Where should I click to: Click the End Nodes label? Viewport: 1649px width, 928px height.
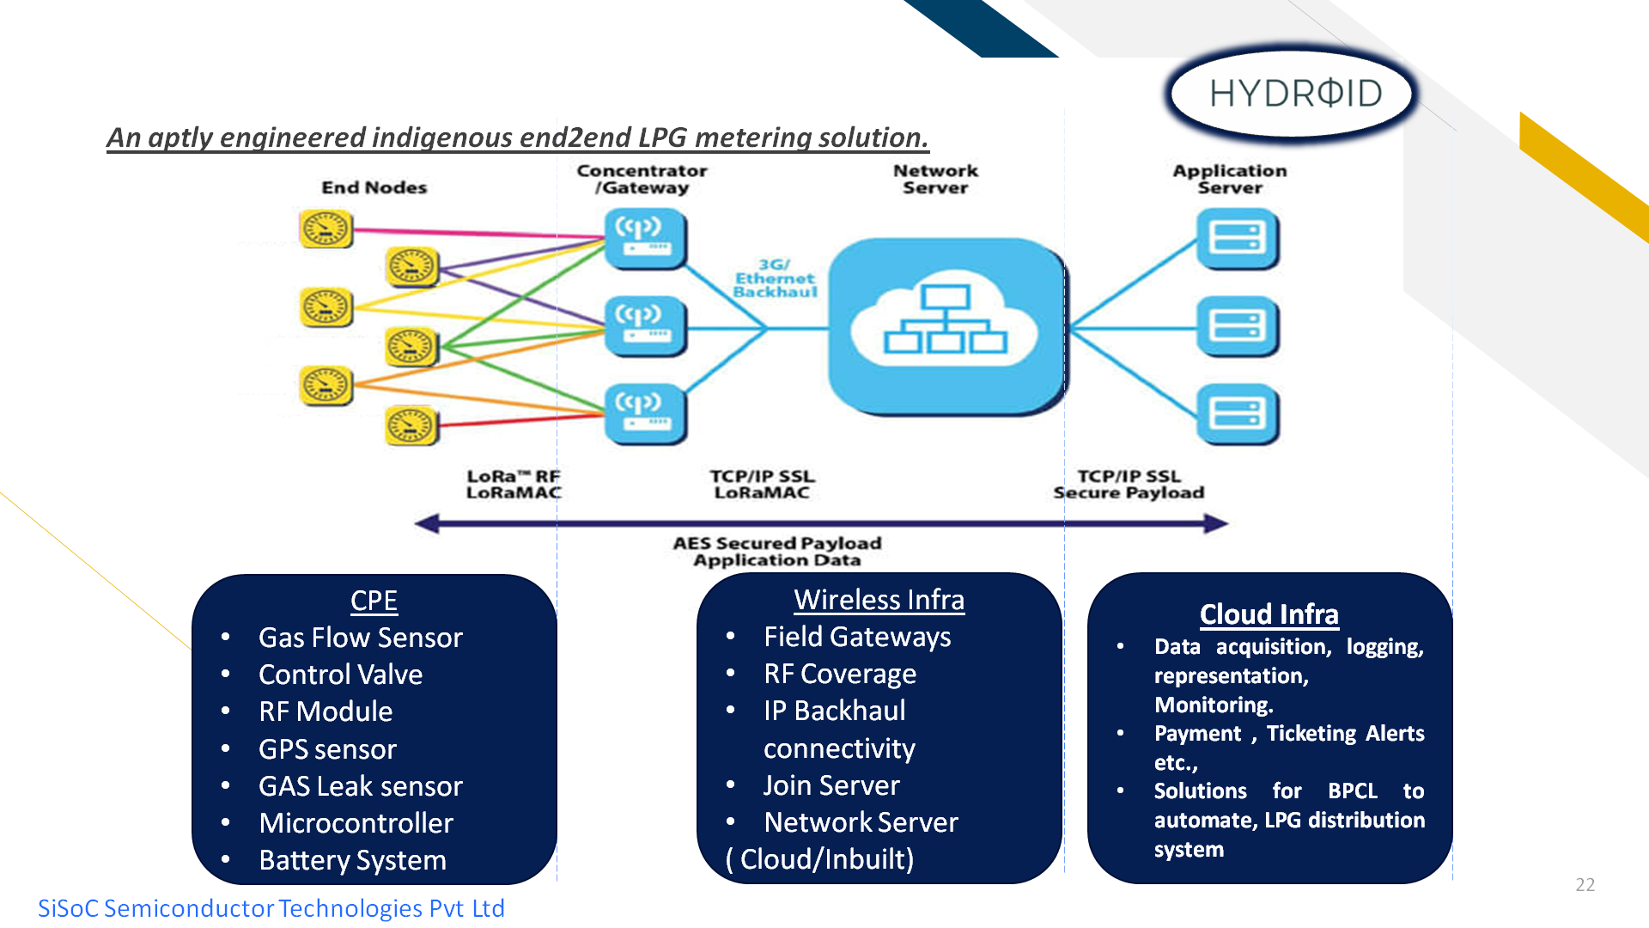click(x=374, y=187)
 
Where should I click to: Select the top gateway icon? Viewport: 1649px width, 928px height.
click(x=645, y=238)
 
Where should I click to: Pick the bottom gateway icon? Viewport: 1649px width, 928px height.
click(x=645, y=413)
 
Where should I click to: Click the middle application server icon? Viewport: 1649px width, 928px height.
click(x=1237, y=327)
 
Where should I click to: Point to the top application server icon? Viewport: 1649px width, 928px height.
click(x=1237, y=238)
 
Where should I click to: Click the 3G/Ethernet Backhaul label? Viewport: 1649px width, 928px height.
click(x=775, y=278)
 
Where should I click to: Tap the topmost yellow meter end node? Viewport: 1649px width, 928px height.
click(x=326, y=229)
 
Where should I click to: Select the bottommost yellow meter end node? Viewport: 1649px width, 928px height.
click(x=411, y=426)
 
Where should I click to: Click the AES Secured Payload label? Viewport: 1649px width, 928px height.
click(x=776, y=551)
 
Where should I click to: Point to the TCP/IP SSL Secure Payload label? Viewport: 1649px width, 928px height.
click(x=1129, y=484)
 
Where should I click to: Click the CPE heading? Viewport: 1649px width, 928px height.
click(x=374, y=600)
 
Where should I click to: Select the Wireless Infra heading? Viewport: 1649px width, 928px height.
click(x=879, y=599)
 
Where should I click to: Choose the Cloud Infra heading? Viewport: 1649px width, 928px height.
click(x=1269, y=614)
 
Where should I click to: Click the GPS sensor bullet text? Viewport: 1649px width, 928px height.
click(x=327, y=749)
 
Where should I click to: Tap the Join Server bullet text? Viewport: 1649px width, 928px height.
click(x=831, y=785)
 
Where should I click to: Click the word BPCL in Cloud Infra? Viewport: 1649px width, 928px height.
click(x=1352, y=791)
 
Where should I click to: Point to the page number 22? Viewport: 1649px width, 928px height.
click(x=1585, y=884)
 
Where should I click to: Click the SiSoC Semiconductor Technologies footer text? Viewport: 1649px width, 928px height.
click(x=271, y=908)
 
